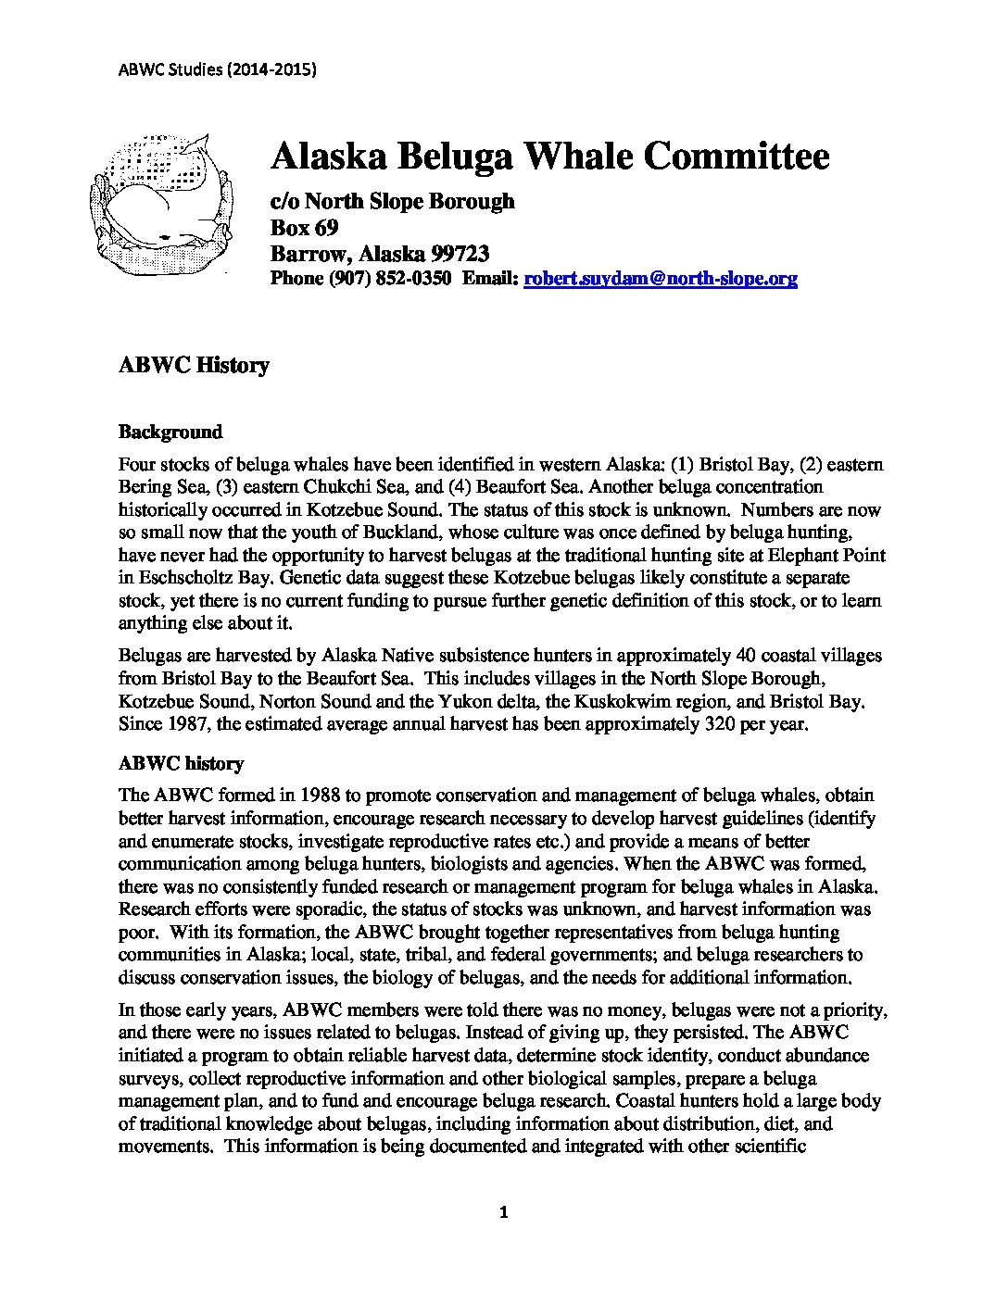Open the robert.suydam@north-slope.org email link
661,278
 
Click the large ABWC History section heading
194,365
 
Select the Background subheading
170,432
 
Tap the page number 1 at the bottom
504,1212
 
